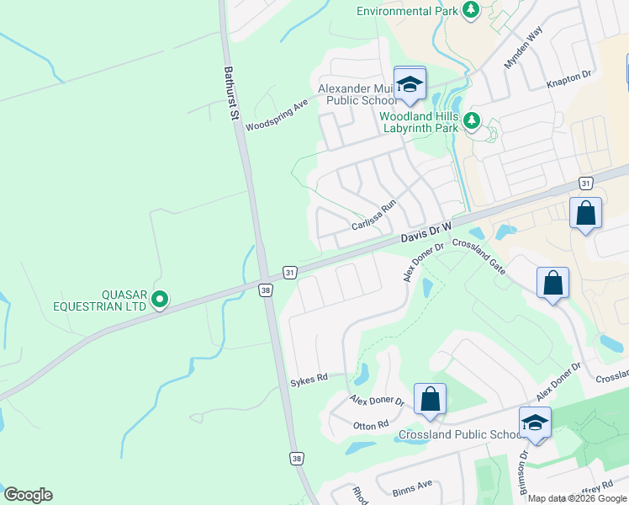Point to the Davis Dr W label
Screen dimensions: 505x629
426,232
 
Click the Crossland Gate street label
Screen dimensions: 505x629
478,257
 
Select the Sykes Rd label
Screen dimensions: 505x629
308,380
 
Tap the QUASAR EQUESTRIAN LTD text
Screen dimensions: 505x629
124,300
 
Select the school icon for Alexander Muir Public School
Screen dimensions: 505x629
410,84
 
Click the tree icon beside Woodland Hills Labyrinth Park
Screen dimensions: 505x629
473,121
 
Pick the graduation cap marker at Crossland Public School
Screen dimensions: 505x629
535,423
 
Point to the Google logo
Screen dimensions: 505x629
28,495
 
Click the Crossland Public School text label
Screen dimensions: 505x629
461,435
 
